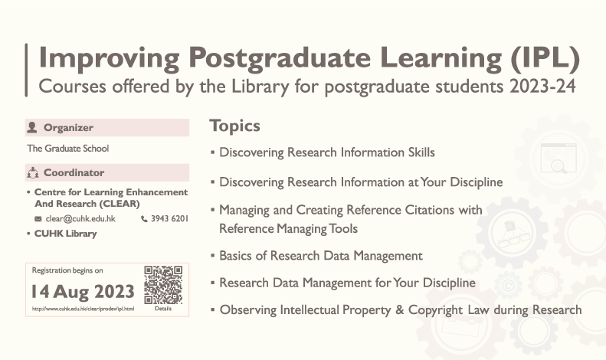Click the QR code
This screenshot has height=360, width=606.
tap(163, 284)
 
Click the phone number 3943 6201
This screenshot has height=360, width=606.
tap(169, 219)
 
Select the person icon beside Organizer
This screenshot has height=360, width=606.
tap(31, 128)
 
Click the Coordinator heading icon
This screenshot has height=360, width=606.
tap(32, 173)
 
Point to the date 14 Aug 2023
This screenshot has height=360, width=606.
tap(83, 291)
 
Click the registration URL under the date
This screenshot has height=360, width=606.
tap(83, 309)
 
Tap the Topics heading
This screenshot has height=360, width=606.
tap(235, 126)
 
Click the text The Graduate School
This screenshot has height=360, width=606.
tap(68, 149)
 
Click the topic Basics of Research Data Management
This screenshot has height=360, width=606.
tap(321, 256)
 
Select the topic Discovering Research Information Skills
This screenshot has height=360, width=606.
tap(327, 152)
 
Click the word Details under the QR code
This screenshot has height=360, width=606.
tap(163, 309)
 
